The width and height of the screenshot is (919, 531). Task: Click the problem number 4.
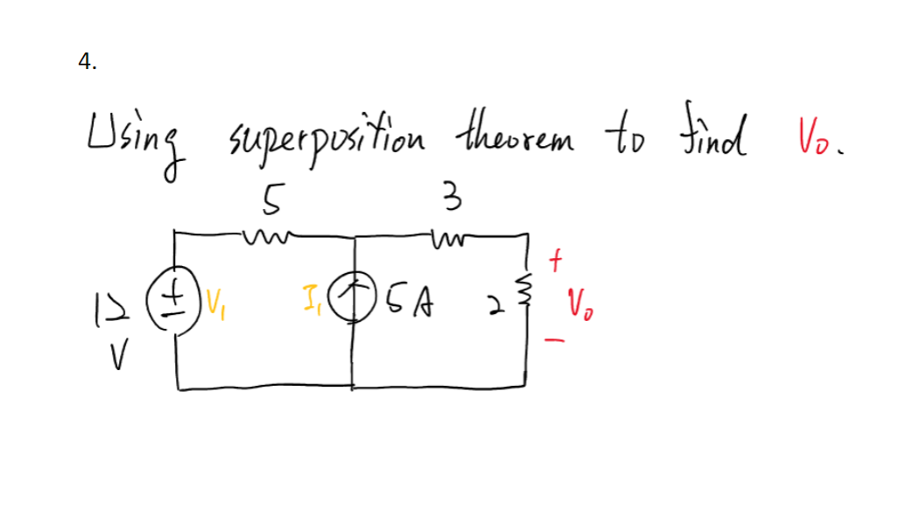tap(86, 61)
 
